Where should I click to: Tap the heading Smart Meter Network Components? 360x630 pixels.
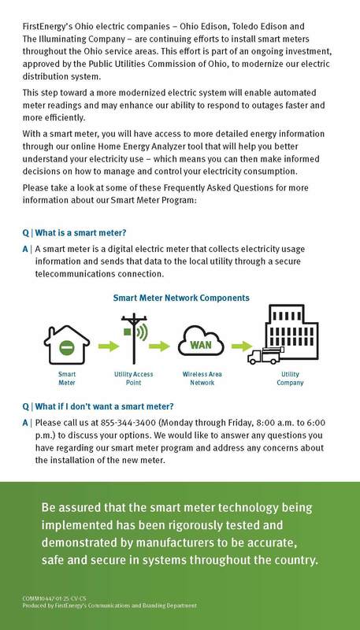tap(181, 298)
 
